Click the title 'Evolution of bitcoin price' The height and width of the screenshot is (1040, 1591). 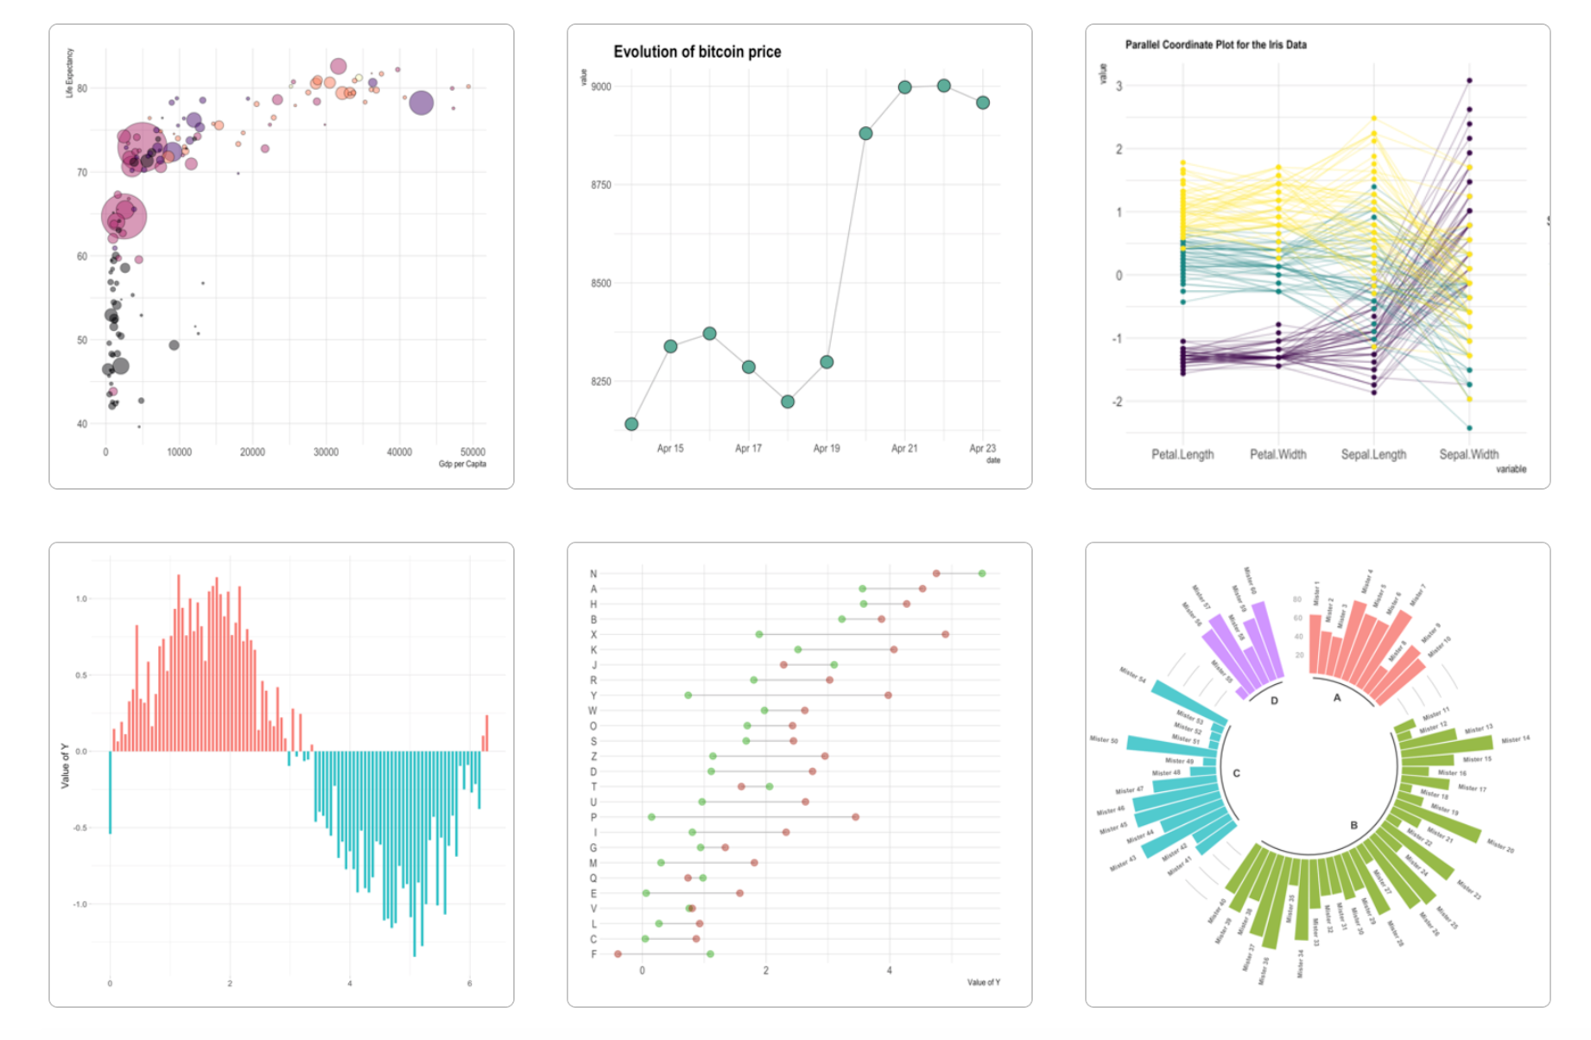697,52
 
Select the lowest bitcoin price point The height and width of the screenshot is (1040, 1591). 631,424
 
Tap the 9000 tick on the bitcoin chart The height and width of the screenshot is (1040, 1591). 601,86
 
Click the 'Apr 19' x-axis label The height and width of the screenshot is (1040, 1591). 827,448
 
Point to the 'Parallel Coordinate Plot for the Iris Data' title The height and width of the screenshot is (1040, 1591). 1215,45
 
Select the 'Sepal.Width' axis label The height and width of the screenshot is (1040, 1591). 1468,454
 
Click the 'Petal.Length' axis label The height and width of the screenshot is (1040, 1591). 1182,454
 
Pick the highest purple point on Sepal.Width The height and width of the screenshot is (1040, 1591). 1469,81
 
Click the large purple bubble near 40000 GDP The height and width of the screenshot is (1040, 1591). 421,103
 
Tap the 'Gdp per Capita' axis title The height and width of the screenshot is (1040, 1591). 462,464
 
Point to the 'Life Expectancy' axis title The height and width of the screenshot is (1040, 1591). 70,73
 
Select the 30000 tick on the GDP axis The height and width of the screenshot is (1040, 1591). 326,453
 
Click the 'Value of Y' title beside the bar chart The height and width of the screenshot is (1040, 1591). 65,765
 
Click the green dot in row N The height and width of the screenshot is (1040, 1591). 982,574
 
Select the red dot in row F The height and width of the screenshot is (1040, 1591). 618,954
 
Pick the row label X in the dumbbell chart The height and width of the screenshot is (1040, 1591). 593,635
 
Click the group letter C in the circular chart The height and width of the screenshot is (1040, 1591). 1236,773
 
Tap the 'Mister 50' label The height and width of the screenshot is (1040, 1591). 1104,739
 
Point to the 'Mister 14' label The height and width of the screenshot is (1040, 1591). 1515,739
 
